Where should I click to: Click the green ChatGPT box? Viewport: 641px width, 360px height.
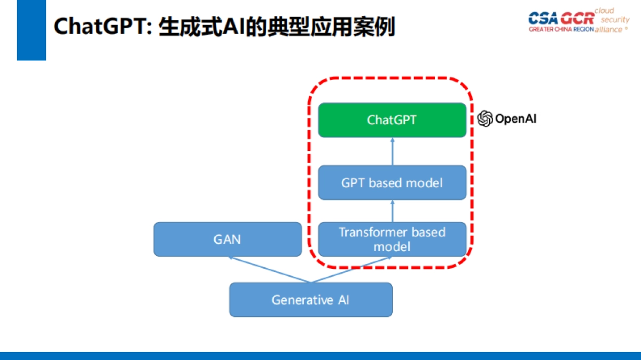point(392,120)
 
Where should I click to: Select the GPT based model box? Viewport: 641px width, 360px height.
point(392,183)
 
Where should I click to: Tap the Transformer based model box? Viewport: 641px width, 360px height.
point(392,239)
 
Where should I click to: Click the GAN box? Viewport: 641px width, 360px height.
point(228,239)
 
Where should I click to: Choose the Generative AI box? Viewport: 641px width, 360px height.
point(311,300)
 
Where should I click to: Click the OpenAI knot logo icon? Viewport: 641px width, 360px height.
point(485,118)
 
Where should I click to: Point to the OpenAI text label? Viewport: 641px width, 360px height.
point(515,118)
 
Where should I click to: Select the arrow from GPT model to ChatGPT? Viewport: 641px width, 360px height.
point(393,151)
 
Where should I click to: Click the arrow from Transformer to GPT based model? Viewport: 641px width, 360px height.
point(393,211)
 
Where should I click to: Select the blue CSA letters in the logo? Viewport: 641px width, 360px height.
point(543,18)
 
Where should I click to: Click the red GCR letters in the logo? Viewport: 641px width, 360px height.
point(577,18)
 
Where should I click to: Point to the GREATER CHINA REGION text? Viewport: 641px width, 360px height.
point(561,29)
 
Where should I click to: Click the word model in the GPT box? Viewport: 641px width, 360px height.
point(424,183)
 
